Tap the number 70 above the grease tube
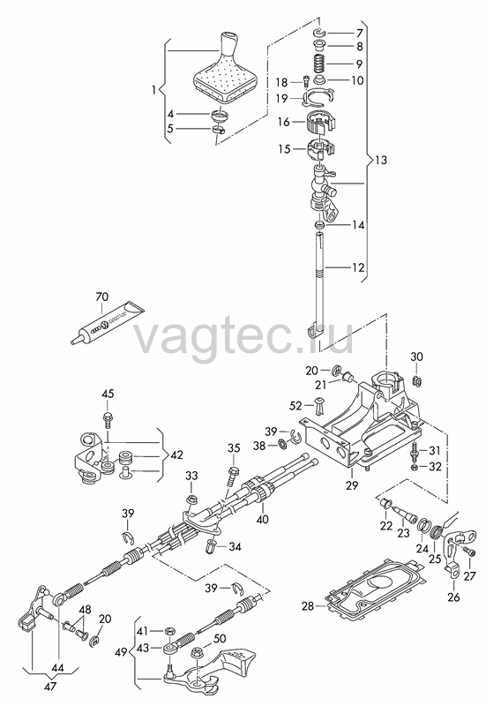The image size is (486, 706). pos(102,297)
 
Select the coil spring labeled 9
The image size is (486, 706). pos(318,62)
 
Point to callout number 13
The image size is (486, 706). pos(381,160)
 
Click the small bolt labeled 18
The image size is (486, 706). pos(305,81)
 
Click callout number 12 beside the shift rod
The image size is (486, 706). pos(358,267)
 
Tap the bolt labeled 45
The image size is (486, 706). pos(108,419)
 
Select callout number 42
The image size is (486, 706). pos(177,454)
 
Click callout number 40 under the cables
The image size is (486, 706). pos(262,519)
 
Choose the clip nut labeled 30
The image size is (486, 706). pos(416,380)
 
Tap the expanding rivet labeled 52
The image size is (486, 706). pos(320,406)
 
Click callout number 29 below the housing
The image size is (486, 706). pos(352,484)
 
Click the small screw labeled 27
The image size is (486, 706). pos(471,551)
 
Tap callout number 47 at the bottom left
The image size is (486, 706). pos(50,687)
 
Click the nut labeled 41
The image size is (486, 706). pos(169,631)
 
